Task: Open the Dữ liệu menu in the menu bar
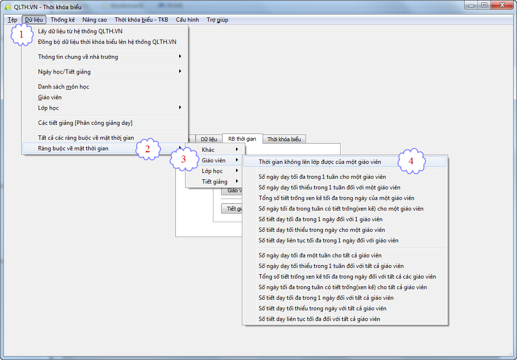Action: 34,20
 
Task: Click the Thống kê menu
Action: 63,20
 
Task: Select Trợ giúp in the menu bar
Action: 217,20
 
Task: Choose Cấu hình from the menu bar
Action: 187,20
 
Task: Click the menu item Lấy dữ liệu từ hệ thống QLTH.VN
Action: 80,31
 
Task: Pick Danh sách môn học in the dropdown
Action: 64,87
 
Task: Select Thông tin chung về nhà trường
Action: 78,57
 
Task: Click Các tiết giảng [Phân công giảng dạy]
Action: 85,123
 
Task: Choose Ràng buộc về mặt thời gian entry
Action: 73,148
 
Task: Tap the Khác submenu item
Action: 208,150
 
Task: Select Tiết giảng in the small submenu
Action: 214,182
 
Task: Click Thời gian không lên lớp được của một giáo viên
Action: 320,162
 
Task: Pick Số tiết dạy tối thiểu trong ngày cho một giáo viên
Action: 322,230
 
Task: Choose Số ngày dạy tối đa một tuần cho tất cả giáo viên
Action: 320,255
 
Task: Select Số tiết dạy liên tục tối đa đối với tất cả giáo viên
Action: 319,319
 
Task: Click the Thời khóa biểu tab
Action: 284,139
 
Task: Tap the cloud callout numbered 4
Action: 411,161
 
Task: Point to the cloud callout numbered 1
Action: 22,34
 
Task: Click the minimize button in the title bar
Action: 472,5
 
